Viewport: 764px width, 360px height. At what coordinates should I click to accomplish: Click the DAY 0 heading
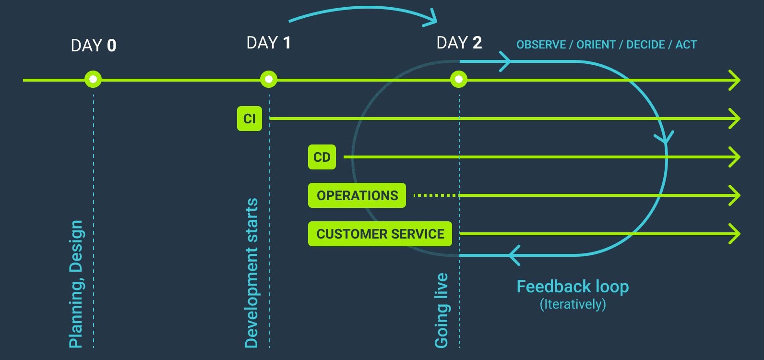pyautogui.click(x=94, y=46)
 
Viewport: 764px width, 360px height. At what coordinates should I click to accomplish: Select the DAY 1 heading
pyautogui.click(x=268, y=43)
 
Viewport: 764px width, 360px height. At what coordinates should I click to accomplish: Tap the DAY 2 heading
pyautogui.click(x=459, y=43)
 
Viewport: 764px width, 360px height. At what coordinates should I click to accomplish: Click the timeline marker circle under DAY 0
pyautogui.click(x=93, y=79)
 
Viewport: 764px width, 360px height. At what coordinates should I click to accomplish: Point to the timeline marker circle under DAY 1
pyautogui.click(x=269, y=79)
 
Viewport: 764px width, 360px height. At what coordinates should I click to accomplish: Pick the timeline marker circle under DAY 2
pyautogui.click(x=459, y=79)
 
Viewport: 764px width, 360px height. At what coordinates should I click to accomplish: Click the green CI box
pyautogui.click(x=250, y=119)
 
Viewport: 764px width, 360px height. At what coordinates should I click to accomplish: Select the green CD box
pyautogui.click(x=322, y=157)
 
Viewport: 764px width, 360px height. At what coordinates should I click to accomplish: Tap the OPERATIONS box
pyautogui.click(x=357, y=195)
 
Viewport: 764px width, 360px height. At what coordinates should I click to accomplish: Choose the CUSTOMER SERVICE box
pyautogui.click(x=380, y=234)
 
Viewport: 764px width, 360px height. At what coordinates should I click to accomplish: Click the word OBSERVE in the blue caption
pyautogui.click(x=541, y=45)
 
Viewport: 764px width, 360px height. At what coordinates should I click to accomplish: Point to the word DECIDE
pyautogui.click(x=645, y=45)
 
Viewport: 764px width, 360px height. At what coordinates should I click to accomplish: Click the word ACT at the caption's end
pyautogui.click(x=686, y=45)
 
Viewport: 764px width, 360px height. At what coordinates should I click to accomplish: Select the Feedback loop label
pyautogui.click(x=573, y=287)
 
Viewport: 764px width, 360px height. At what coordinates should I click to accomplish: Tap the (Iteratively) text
pyautogui.click(x=573, y=304)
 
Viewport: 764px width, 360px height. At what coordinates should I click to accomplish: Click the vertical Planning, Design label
pyautogui.click(x=76, y=284)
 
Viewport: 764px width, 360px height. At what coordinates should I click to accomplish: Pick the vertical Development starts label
pyautogui.click(x=251, y=273)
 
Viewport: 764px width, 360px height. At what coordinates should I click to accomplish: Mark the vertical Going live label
pyautogui.click(x=441, y=310)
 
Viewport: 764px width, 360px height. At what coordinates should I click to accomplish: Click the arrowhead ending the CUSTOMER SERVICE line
pyautogui.click(x=735, y=234)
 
